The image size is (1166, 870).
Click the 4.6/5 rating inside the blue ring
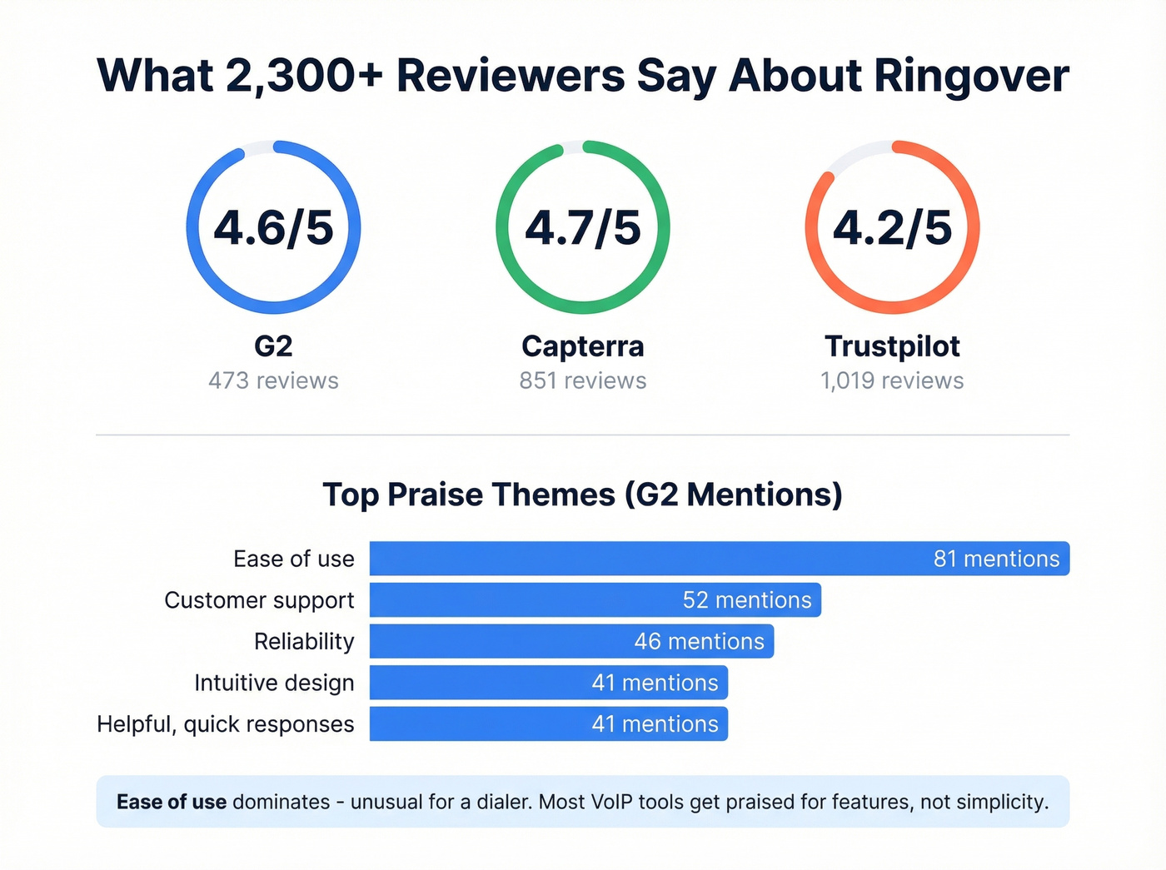pos(273,227)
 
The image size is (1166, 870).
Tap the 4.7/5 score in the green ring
pos(583,227)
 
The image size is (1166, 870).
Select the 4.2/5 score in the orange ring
pos(892,227)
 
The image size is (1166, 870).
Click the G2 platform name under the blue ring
pos(273,346)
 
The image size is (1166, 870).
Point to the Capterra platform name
pos(583,346)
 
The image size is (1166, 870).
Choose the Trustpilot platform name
pos(892,346)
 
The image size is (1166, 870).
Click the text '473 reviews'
pos(273,380)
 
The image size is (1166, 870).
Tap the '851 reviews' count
pos(583,380)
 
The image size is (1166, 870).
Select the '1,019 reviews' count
pos(892,380)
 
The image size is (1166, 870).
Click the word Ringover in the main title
pos(971,77)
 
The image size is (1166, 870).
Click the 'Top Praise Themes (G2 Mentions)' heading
pos(583,495)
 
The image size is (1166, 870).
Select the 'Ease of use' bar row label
pos(293,559)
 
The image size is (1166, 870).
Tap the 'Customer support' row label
pos(259,600)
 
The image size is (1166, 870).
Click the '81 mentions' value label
pos(996,559)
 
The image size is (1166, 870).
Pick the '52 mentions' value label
pos(747,600)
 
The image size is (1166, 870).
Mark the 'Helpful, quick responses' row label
pos(226,724)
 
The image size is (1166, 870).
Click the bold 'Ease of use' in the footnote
pos(172,802)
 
